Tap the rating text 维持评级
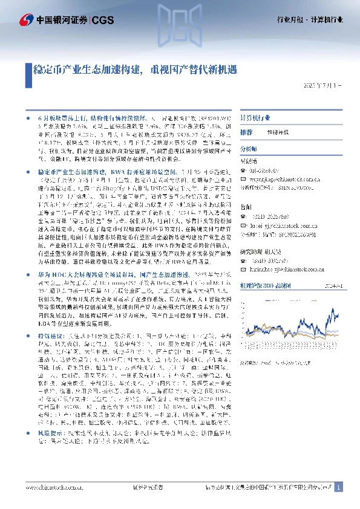coord(278,132)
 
